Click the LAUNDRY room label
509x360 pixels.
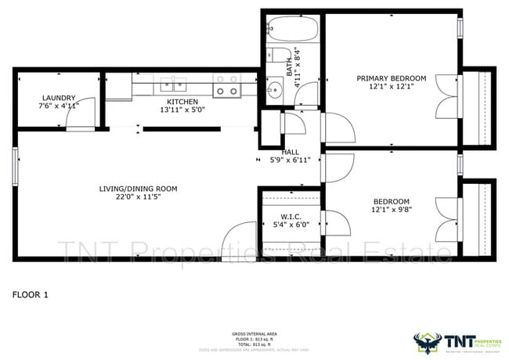coord(59,98)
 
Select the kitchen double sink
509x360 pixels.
coord(173,85)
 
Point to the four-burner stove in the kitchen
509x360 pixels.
coord(226,85)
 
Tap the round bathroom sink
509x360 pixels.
coord(274,90)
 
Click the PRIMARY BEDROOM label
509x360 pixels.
coord(391,78)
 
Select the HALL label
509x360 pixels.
coord(291,152)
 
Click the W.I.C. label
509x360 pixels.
coord(290,216)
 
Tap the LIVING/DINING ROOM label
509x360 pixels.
coord(138,189)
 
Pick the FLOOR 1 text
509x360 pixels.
coord(31,295)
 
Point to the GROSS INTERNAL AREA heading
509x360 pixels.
coord(254,333)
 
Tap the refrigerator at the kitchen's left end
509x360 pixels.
coord(119,88)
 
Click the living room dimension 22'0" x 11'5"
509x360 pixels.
coord(138,198)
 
